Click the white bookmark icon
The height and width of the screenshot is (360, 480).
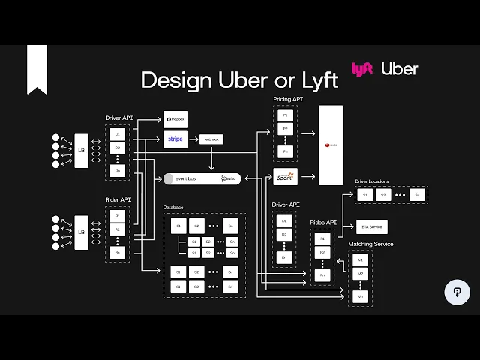(x=37, y=69)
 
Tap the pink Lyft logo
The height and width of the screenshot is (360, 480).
(x=362, y=69)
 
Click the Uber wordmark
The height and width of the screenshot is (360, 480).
(x=399, y=69)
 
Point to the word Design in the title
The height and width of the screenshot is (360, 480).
(x=175, y=80)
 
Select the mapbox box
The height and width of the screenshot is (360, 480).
(x=175, y=119)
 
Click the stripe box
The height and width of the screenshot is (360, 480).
(x=175, y=139)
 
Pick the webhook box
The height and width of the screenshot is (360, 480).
(x=211, y=139)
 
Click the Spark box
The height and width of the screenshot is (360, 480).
(x=286, y=177)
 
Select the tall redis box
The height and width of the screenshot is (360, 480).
(x=331, y=145)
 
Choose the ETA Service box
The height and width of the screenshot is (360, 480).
(x=372, y=226)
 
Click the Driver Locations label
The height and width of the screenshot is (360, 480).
(x=372, y=181)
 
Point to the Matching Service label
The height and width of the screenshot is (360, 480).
(x=370, y=244)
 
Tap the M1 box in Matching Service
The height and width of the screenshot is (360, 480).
(x=361, y=259)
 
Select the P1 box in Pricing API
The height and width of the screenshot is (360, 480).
(x=285, y=115)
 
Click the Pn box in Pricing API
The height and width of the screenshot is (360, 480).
(x=285, y=151)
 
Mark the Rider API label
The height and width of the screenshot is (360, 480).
(x=119, y=199)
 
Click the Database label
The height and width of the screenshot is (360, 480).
(x=173, y=207)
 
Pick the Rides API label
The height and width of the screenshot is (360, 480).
(x=323, y=223)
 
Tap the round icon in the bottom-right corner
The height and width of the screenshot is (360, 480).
(x=457, y=292)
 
